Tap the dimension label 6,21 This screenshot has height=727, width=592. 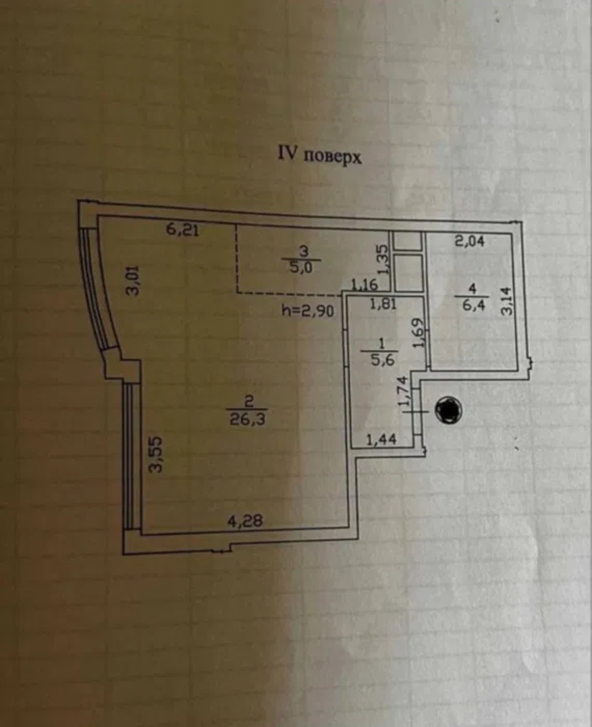pyautogui.click(x=182, y=230)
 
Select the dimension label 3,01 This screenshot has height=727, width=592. pyautogui.click(x=134, y=281)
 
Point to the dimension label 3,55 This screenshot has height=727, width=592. pyautogui.click(x=156, y=454)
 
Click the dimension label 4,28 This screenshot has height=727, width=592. pyautogui.click(x=245, y=521)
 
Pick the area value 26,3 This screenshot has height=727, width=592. pyautogui.click(x=248, y=418)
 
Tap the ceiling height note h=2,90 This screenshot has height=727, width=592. pyautogui.click(x=308, y=311)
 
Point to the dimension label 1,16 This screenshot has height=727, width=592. pyautogui.click(x=365, y=285)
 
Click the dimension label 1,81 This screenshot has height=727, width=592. pyautogui.click(x=383, y=304)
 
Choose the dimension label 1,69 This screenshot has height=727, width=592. pyautogui.click(x=418, y=333)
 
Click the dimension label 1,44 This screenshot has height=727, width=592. pyautogui.click(x=381, y=439)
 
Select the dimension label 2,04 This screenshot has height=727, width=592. pyautogui.click(x=470, y=241)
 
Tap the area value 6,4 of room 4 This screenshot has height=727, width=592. pyautogui.click(x=473, y=304)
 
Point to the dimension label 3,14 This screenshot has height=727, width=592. pyautogui.click(x=507, y=301)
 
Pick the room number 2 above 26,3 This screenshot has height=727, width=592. pyautogui.click(x=249, y=400)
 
